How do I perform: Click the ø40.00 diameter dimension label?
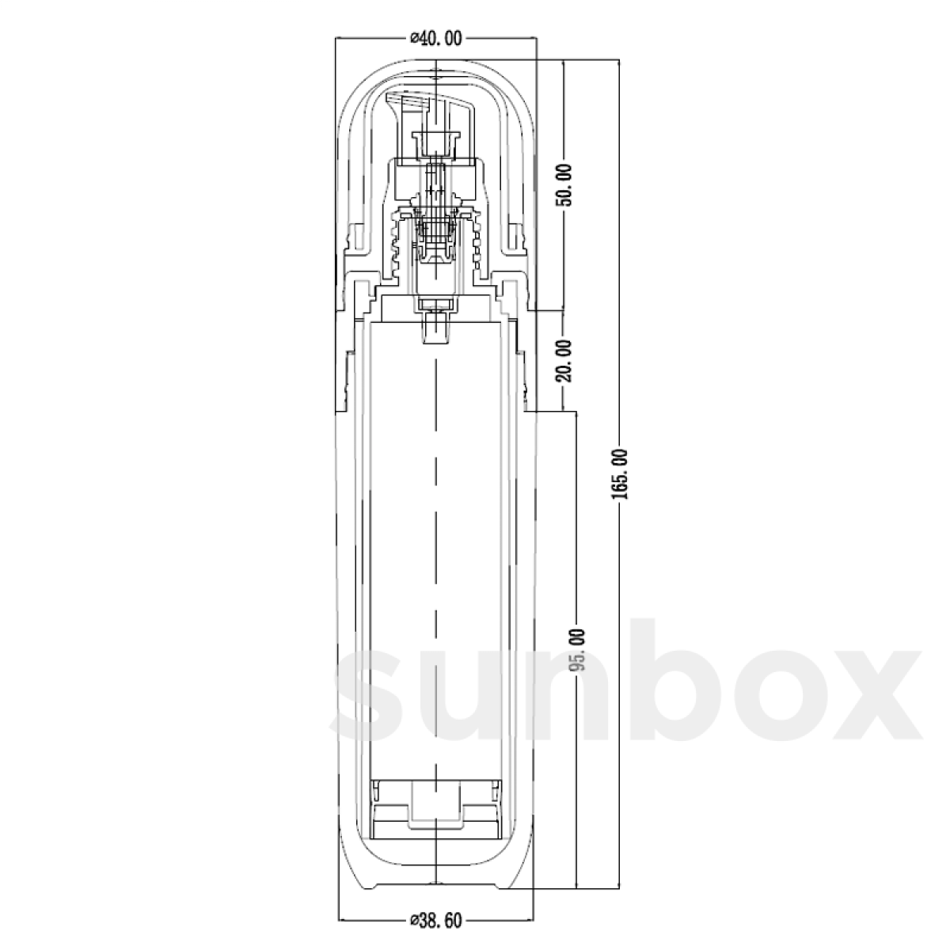(x=436, y=38)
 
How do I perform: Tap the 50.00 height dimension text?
(x=566, y=185)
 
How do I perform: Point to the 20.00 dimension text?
(x=566, y=360)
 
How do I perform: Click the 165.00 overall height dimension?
(x=619, y=473)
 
